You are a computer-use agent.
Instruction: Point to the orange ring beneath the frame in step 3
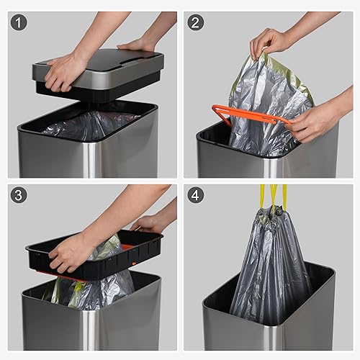pos(61,278)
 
